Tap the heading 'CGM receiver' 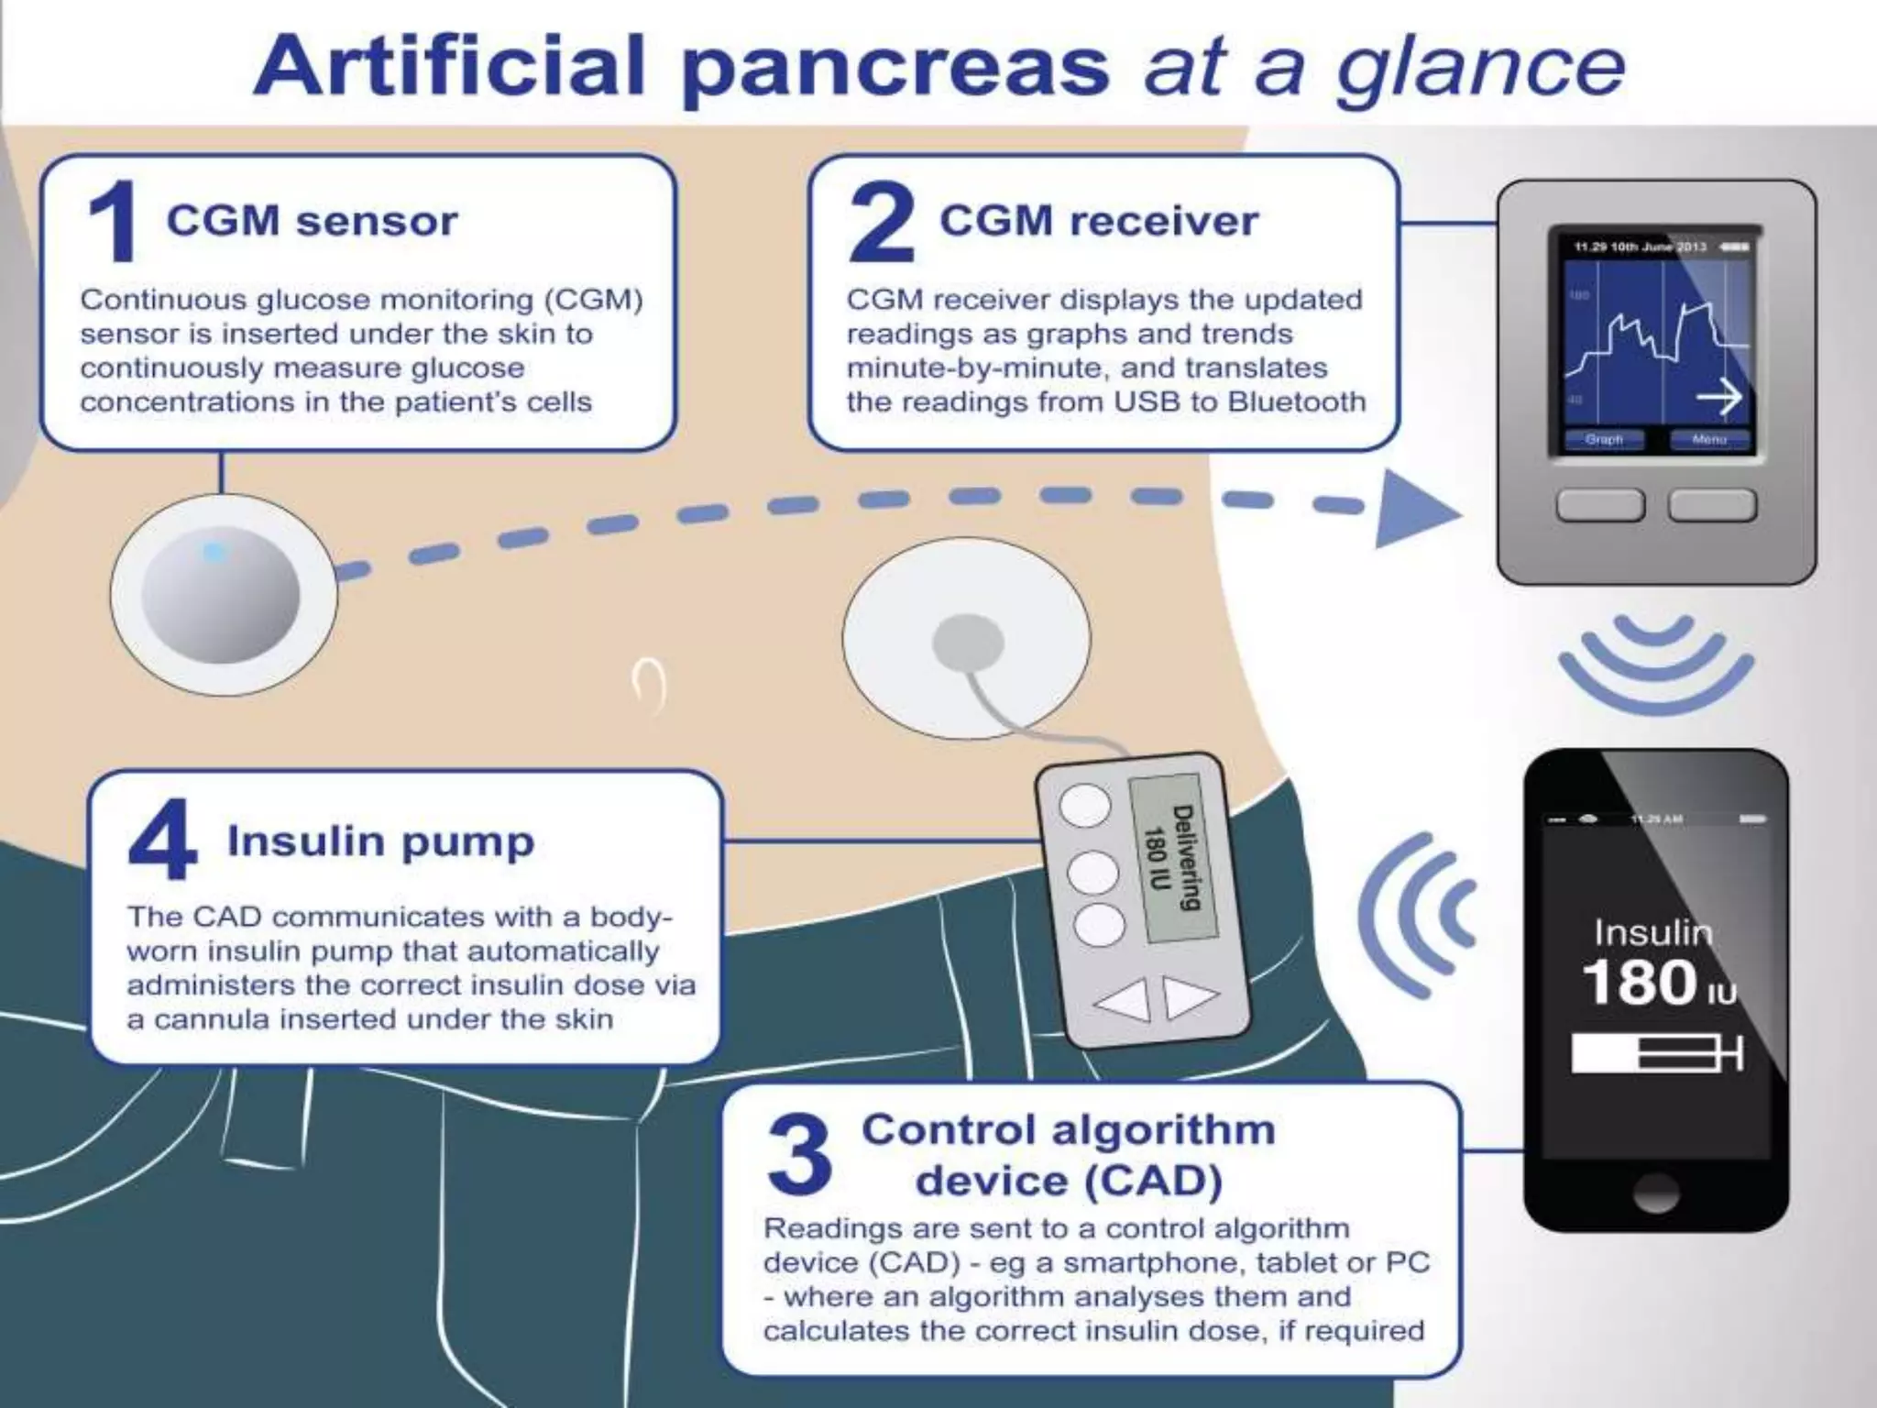1098,221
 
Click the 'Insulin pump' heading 380,841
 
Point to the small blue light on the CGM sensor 214,553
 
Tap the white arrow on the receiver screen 1718,398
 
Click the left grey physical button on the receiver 1600,505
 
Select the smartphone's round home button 1655,1193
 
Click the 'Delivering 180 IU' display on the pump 1172,858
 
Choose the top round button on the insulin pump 1085,806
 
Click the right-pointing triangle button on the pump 1191,997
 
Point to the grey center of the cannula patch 968,643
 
